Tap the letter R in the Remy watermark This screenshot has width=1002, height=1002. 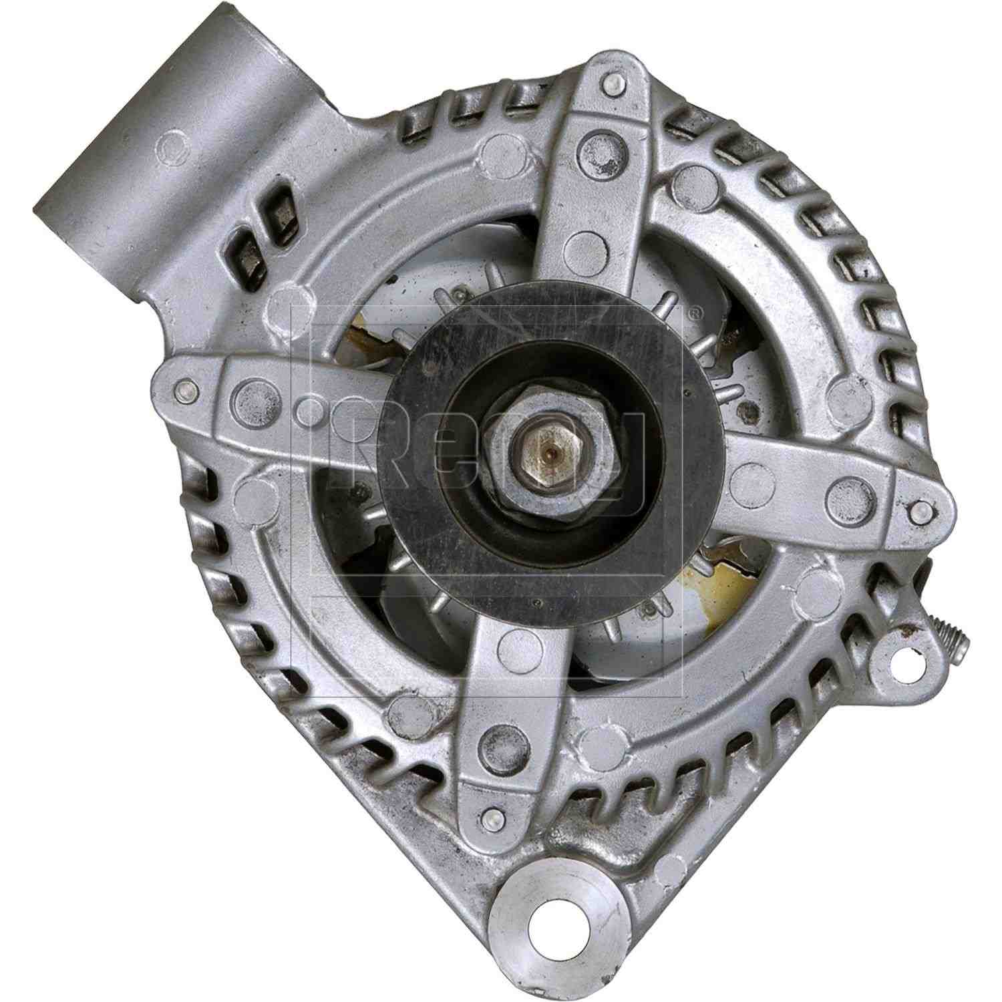(374, 441)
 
